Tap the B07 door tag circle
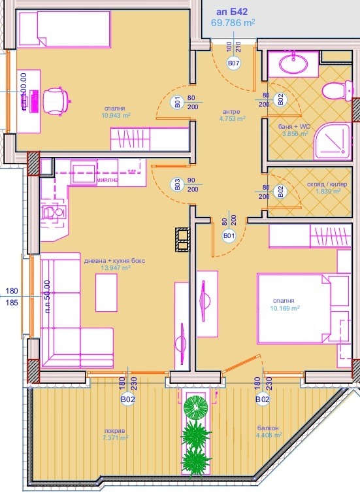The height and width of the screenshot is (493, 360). [233, 63]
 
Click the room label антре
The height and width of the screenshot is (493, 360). [232, 111]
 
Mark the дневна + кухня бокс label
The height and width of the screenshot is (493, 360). [118, 261]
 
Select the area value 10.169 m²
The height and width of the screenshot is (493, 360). [285, 307]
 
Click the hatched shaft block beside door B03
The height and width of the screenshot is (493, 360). [182, 239]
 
